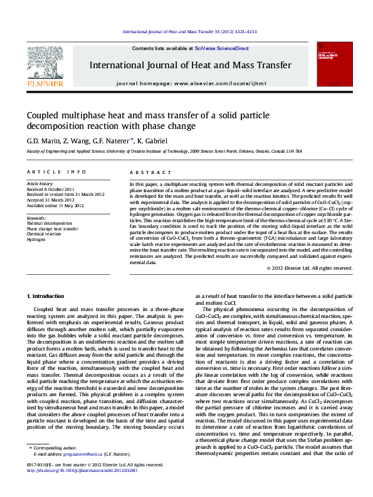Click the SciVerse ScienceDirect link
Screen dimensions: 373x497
221,48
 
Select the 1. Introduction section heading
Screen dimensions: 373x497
48,295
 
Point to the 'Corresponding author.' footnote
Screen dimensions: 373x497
53,465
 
